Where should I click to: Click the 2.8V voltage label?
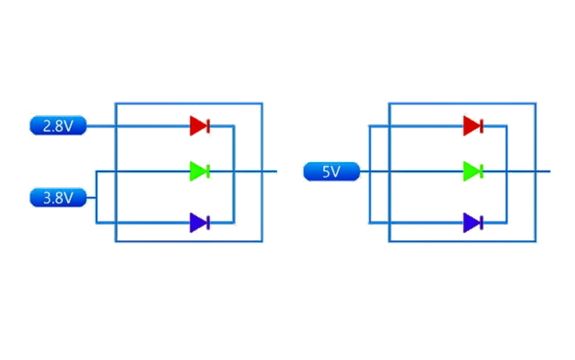(58, 126)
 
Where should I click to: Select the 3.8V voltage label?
(58, 198)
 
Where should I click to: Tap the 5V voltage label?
(332, 171)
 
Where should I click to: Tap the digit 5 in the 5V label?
(327, 171)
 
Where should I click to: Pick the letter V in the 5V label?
(337, 171)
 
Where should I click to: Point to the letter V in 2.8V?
(68, 126)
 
